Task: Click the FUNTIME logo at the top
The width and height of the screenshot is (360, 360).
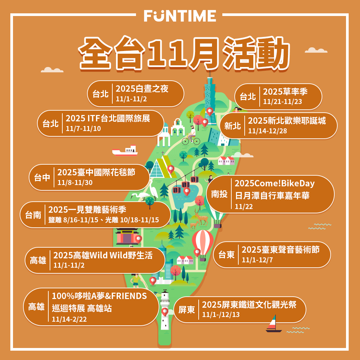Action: [x=180, y=16]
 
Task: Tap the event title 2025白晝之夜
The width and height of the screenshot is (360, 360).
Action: [x=142, y=89]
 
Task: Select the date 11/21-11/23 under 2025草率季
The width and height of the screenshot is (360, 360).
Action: [x=282, y=102]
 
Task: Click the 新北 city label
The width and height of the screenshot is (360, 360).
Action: [x=232, y=126]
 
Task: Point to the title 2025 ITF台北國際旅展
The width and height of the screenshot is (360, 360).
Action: [x=108, y=119]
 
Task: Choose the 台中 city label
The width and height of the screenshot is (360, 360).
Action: [x=42, y=178]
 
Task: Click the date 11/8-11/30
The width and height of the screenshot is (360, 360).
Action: [x=75, y=183]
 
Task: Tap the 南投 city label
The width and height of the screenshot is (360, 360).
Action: [x=219, y=194]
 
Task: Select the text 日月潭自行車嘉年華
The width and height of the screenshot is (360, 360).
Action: [x=272, y=195]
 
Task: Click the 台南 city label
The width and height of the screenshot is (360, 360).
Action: [x=33, y=215]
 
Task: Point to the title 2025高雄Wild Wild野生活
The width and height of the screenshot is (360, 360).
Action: [x=103, y=255]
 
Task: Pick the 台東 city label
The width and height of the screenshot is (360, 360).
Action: [x=227, y=255]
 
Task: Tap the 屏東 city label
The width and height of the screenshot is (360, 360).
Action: [x=187, y=310]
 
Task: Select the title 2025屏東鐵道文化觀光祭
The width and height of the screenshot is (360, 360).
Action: [x=249, y=305]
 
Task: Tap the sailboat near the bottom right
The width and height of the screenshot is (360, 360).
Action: [x=273, y=324]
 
